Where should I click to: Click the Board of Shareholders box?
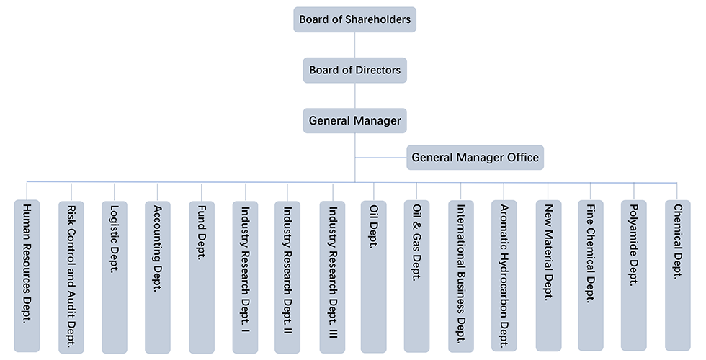pyautogui.click(x=355, y=19)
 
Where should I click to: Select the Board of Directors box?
pyautogui.click(x=355, y=71)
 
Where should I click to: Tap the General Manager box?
pyautogui.click(x=355, y=120)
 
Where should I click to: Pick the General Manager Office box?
pyautogui.click(x=475, y=157)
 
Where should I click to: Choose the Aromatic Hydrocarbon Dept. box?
pyautogui.click(x=504, y=276)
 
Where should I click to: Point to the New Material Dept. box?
pyautogui.click(x=548, y=276)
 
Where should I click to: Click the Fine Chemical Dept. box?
pyautogui.click(x=591, y=276)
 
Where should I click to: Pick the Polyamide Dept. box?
pyautogui.click(x=634, y=276)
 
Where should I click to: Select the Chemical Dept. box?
pyautogui.click(x=678, y=276)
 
